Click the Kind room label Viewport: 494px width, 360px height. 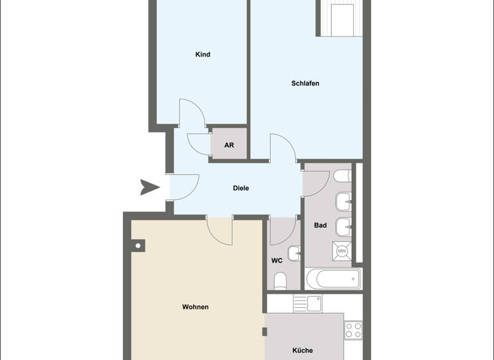coord(203,55)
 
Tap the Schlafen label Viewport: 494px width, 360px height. coord(305,84)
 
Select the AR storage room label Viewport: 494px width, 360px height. coord(229,145)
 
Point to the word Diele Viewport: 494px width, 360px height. coord(241,188)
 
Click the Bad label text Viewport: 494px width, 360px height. coord(320,226)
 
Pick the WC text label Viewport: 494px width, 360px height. coord(277,261)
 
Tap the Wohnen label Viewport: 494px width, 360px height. coord(196,307)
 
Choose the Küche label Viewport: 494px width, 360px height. coord(302,350)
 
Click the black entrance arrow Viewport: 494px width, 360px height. coord(150,188)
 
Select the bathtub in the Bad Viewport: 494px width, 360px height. coord(333,278)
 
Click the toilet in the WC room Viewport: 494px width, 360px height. coord(280,281)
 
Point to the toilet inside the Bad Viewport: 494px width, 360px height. coord(342,176)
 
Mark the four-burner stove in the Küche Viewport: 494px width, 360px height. coord(353,330)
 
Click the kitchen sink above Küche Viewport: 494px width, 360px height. coord(314,303)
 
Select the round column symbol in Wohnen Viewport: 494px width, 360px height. coord(138,245)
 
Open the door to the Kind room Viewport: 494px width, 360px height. coord(192,113)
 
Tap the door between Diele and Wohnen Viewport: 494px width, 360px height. coord(219,230)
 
